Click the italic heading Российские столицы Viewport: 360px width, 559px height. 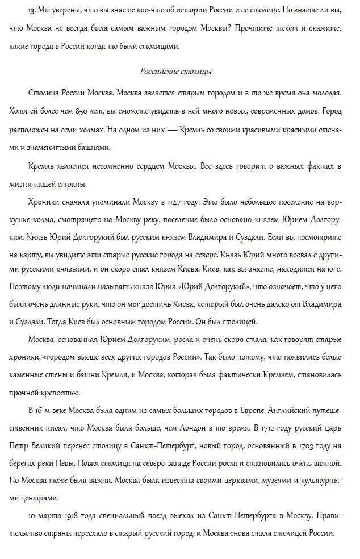pyautogui.click(x=175, y=72)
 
